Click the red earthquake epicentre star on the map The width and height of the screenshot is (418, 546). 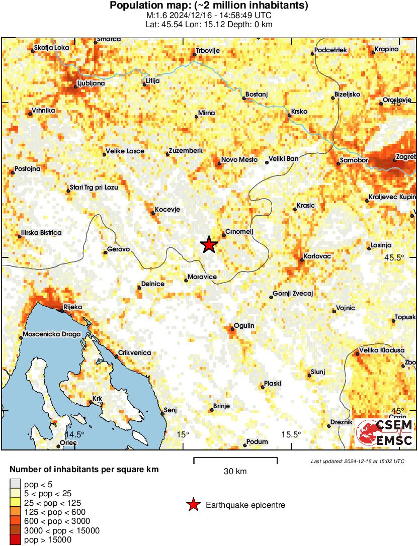(x=209, y=245)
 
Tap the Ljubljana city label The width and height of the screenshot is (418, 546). (x=91, y=83)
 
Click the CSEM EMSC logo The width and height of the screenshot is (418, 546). (x=384, y=433)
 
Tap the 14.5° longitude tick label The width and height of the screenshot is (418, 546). (x=73, y=434)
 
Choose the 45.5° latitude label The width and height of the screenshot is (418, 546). (x=394, y=257)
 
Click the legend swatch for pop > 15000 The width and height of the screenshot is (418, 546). (x=15, y=540)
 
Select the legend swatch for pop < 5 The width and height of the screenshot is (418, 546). (x=15, y=483)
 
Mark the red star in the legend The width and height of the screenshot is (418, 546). (x=193, y=505)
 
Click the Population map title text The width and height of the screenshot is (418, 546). (x=209, y=6)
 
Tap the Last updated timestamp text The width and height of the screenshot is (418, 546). (x=357, y=461)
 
